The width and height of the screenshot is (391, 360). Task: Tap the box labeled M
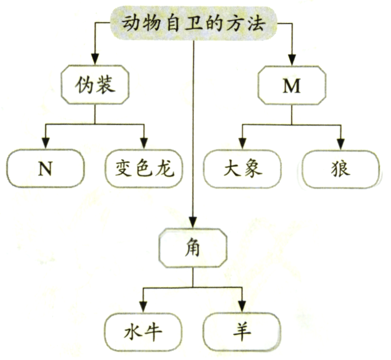tap(291, 86)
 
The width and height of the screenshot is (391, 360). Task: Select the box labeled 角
tap(193, 248)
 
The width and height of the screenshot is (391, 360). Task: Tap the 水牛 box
tap(143, 332)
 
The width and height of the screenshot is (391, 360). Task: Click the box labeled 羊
tap(242, 332)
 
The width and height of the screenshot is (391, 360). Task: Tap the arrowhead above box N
tap(45, 143)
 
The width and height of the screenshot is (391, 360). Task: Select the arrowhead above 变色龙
tap(144, 143)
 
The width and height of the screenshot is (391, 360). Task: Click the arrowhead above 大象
tap(242, 143)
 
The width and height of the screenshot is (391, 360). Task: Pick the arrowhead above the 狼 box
tap(341, 143)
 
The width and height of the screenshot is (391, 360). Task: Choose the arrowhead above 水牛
tap(143, 306)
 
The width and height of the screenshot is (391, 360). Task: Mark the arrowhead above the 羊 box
tap(242, 306)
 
